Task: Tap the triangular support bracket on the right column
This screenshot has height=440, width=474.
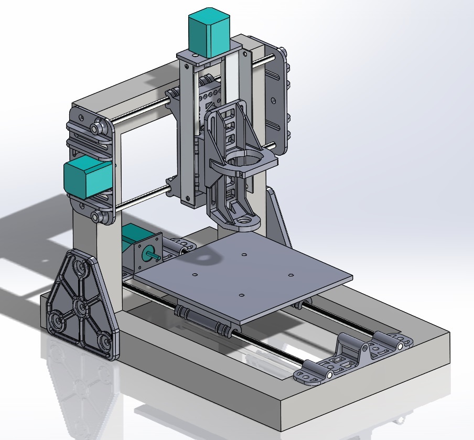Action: (x=278, y=215)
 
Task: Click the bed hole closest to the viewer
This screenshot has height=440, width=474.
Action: (x=241, y=295)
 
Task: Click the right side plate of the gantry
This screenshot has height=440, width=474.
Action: (x=277, y=100)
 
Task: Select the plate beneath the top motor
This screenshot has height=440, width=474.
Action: (x=210, y=57)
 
